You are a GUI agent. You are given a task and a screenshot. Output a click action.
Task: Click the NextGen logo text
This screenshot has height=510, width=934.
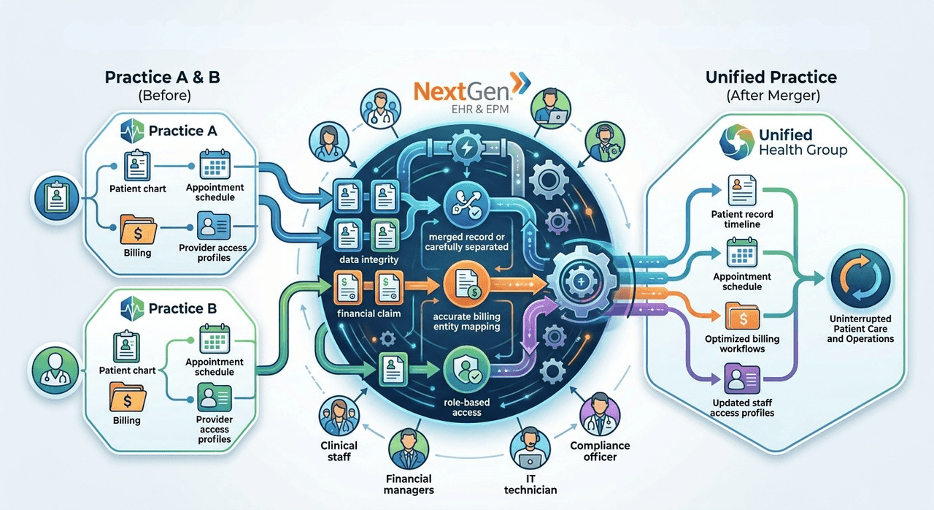[463, 91]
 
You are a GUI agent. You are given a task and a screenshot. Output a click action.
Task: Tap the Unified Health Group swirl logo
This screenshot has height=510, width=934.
[737, 142]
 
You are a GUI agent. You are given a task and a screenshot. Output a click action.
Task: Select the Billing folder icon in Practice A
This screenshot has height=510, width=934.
[138, 229]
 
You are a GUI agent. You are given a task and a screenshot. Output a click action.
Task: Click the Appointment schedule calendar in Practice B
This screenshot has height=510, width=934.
[215, 338]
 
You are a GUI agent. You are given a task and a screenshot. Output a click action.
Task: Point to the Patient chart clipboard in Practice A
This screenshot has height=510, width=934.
[137, 166]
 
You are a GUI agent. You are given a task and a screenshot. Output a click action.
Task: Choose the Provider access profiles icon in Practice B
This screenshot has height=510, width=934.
[215, 397]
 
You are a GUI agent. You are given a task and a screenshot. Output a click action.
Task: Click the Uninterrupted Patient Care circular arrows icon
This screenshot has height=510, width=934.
[860, 279]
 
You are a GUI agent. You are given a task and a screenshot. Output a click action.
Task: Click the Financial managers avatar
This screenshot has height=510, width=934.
[409, 450]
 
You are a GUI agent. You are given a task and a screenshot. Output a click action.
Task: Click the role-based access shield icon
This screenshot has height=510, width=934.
[466, 370]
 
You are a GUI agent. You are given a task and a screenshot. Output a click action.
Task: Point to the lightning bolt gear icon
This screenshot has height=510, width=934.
[466, 148]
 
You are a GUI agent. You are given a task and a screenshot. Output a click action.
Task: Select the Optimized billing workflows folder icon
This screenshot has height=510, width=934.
[742, 316]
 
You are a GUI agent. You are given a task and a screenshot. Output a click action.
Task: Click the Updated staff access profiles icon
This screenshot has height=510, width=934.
[742, 379]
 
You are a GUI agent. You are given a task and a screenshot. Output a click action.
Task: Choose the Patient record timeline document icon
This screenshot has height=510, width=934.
[742, 190]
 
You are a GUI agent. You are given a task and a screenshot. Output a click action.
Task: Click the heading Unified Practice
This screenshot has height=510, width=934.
[771, 77]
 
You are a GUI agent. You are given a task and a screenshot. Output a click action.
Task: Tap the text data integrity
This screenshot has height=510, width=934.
[368, 259]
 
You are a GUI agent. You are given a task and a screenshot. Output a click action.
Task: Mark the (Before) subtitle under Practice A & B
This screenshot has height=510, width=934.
[165, 96]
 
